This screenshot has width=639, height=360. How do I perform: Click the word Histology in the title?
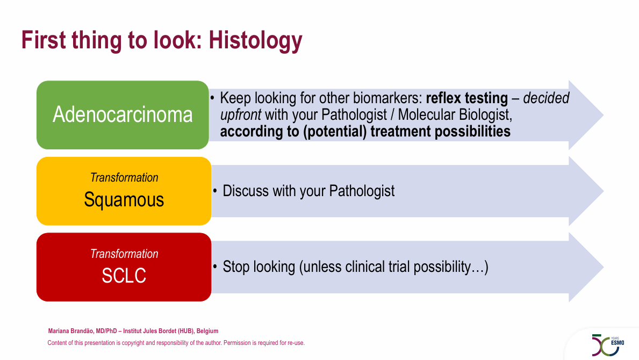point(255,41)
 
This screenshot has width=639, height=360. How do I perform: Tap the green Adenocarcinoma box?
point(123,115)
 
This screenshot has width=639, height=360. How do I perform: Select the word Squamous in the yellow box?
point(124,200)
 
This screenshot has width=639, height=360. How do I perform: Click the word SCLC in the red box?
point(124,276)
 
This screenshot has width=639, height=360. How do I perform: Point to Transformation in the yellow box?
point(124,177)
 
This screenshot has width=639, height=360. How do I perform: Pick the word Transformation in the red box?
point(124,254)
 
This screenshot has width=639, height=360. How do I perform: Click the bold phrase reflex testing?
point(467,98)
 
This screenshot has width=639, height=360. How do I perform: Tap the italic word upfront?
point(240,115)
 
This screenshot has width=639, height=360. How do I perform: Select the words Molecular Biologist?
point(455,115)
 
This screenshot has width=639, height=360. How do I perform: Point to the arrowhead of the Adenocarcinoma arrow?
point(586,115)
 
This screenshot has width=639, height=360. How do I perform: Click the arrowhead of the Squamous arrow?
point(586,191)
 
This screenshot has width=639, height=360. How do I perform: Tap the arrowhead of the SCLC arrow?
point(586,267)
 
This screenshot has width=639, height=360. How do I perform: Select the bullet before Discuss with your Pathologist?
point(215,191)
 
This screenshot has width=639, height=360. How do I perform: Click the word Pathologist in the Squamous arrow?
point(362,191)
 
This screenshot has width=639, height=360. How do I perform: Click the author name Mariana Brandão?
point(71,331)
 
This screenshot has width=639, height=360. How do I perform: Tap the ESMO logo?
point(608,345)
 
